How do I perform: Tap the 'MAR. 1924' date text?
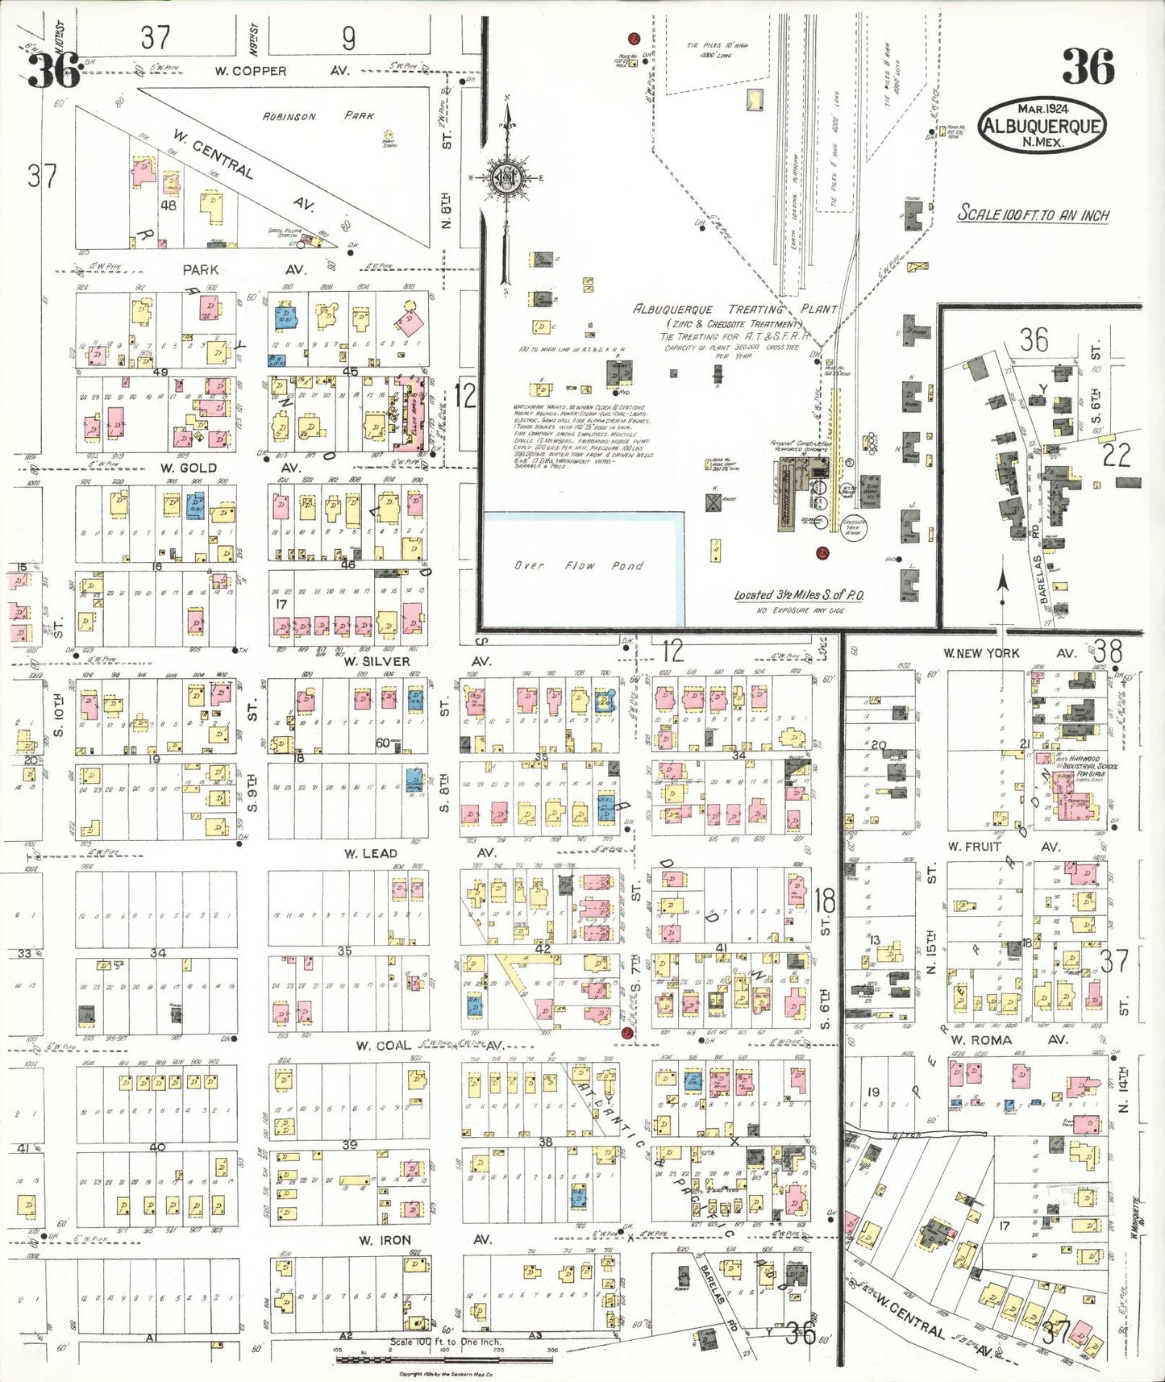coord(1042,109)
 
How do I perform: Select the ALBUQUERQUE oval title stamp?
coord(1042,126)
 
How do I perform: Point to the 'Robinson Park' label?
coord(318,116)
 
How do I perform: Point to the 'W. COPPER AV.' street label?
coord(282,71)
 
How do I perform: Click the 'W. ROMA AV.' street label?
coord(1003,1040)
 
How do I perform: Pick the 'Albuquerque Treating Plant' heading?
coord(734,310)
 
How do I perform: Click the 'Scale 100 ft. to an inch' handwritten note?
coord(1033,214)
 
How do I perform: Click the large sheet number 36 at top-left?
coord(54,70)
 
